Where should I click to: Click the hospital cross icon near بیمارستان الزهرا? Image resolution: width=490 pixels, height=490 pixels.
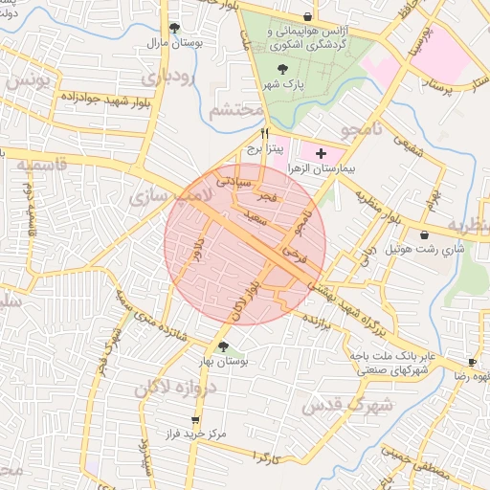tap(320, 152)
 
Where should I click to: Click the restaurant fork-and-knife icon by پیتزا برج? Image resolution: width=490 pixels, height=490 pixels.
tap(265, 134)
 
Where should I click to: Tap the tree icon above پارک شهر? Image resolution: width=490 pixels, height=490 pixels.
tap(282, 69)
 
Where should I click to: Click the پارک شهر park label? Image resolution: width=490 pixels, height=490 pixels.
tap(283, 84)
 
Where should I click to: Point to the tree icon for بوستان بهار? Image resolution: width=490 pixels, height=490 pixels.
tap(223, 346)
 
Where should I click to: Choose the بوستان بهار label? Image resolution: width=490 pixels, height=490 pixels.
tap(224, 363)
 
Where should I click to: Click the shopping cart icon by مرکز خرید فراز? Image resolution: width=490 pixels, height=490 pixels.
tap(196, 419)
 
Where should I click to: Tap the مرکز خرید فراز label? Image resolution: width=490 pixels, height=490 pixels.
tap(194, 434)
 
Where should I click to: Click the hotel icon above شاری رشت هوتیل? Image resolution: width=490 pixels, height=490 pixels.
tap(424, 234)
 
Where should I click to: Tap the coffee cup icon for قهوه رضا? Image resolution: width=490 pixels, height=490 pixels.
tap(472, 362)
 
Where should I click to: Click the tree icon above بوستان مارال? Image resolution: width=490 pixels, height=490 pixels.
tap(173, 28)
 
